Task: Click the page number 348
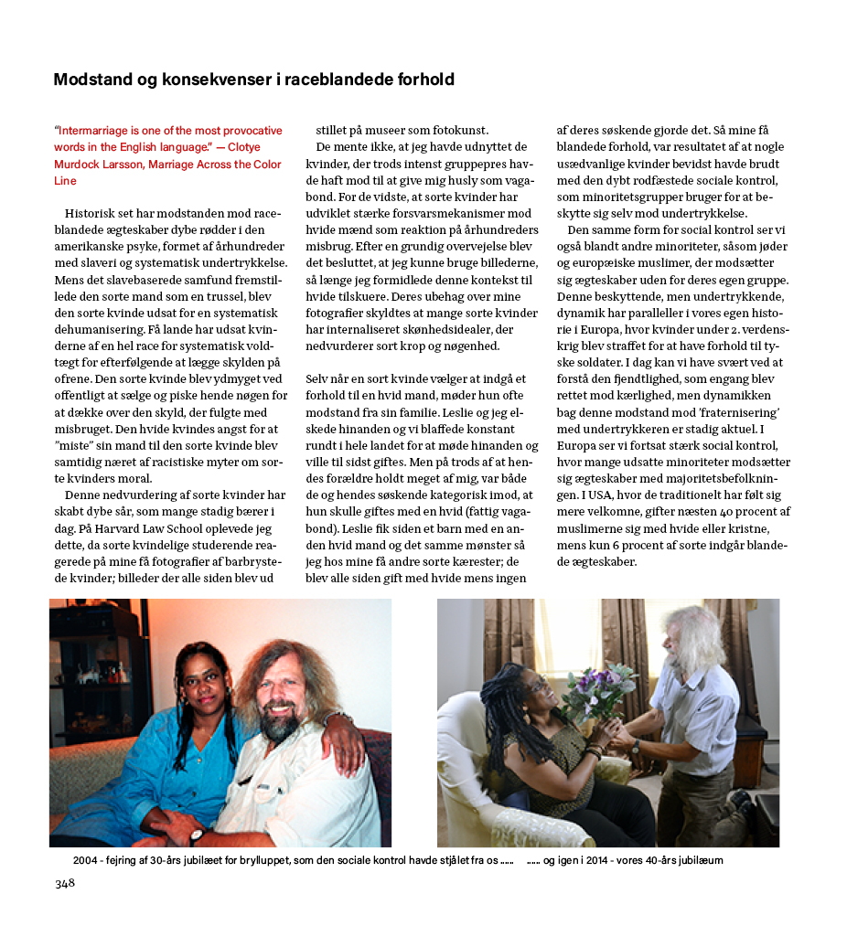pyautogui.click(x=64, y=883)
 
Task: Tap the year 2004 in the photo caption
pyautogui.click(x=86, y=860)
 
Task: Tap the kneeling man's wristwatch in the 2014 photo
pyautogui.click(x=635, y=746)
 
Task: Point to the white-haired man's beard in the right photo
pyautogui.click(x=677, y=658)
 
